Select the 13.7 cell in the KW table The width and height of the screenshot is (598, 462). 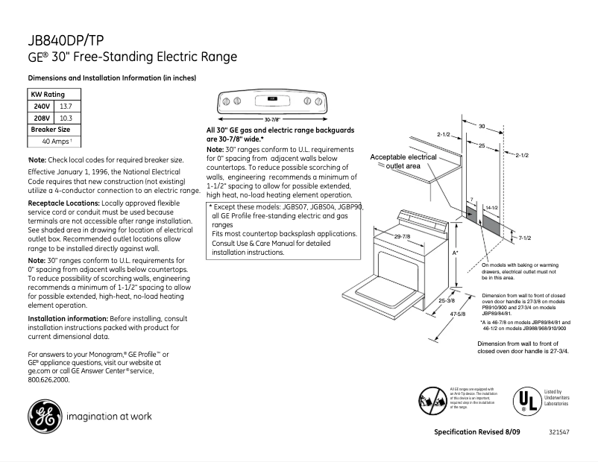tap(66, 107)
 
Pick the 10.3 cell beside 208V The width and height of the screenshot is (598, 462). tap(66, 118)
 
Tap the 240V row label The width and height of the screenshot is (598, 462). tap(42, 107)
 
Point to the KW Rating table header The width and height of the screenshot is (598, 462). tap(48, 95)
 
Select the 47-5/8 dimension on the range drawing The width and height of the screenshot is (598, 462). tap(447, 314)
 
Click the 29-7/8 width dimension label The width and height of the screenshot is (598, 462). tap(403, 236)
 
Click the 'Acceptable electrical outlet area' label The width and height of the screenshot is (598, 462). tap(403, 162)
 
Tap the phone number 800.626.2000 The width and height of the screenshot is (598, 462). tap(48, 379)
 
